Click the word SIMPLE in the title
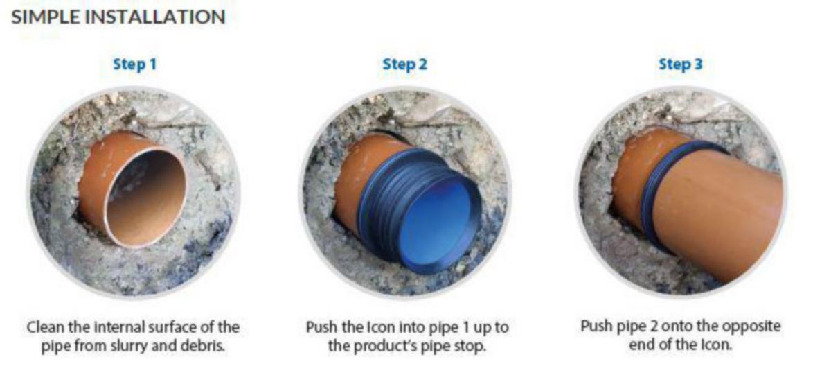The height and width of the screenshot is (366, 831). click(x=46, y=17)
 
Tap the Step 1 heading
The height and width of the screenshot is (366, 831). click(x=134, y=64)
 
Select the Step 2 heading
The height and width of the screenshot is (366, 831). click(x=404, y=64)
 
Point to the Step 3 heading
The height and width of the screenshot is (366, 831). click(x=681, y=64)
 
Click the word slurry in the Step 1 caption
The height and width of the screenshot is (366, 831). click(x=128, y=346)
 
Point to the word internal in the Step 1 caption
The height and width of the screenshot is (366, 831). click(x=118, y=327)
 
